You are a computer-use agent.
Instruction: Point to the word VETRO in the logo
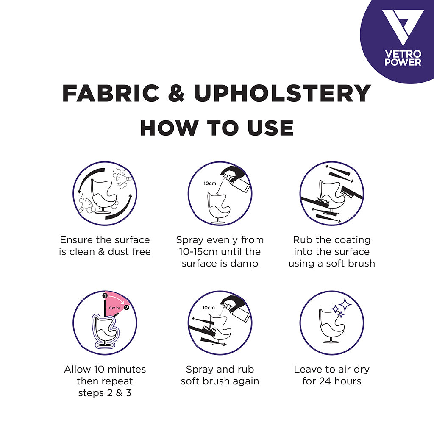click(x=403, y=54)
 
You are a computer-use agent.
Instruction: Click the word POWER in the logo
click(x=403, y=62)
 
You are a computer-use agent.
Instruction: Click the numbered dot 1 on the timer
click(x=104, y=295)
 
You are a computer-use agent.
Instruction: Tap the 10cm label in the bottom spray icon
click(x=208, y=308)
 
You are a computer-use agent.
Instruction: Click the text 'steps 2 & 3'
click(x=105, y=393)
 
